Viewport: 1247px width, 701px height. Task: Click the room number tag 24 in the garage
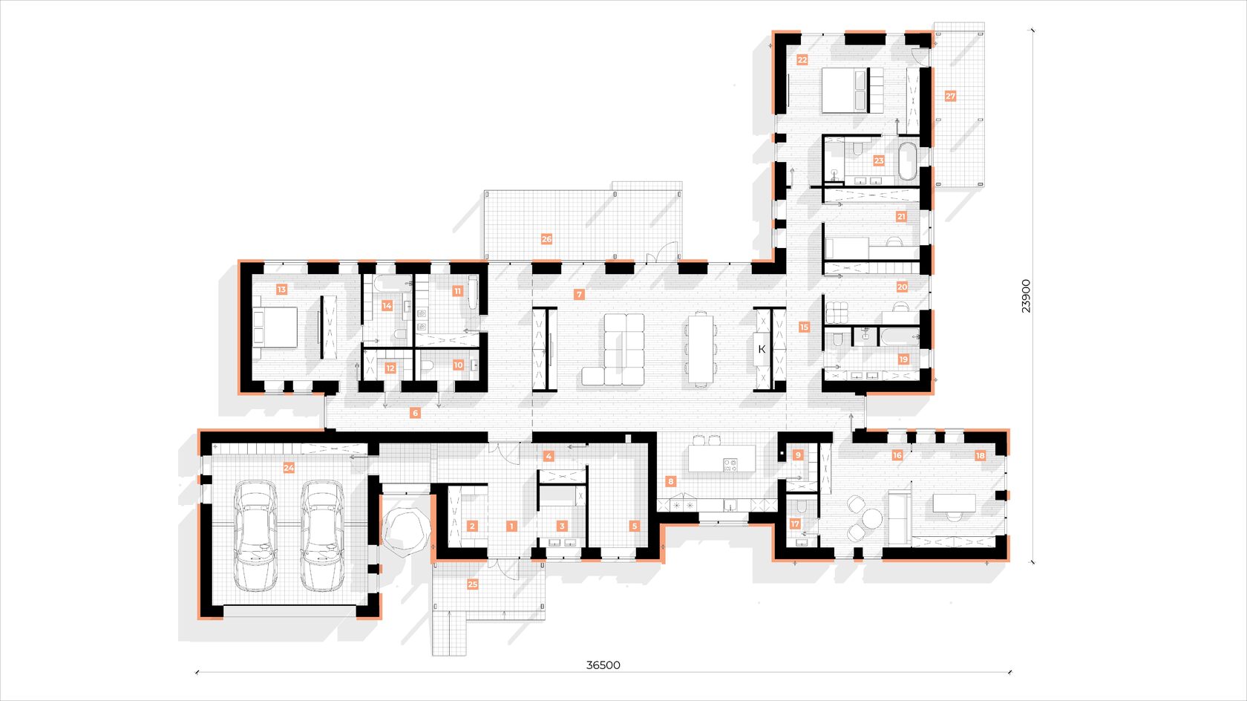coord(288,468)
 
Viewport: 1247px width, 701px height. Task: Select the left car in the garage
coord(255,535)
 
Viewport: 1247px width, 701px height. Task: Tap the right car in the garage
coord(322,535)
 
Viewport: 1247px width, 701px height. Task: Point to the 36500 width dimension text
coord(603,665)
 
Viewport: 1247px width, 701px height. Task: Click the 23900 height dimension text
coord(1026,296)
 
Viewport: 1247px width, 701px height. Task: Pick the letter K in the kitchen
coord(762,349)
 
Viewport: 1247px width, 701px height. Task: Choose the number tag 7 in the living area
coord(579,294)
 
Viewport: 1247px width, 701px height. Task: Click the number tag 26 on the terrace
coord(546,239)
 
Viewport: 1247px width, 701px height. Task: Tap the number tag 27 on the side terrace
coord(950,96)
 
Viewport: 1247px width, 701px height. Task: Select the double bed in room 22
coord(853,90)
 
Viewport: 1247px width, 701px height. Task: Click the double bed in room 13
coord(275,327)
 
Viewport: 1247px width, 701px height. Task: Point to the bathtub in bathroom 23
coord(907,161)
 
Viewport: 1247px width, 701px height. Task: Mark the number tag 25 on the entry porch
coord(472,584)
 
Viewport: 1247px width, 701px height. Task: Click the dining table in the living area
coord(701,349)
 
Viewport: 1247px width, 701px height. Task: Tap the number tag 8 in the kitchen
coord(670,481)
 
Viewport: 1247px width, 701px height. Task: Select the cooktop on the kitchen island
coord(730,464)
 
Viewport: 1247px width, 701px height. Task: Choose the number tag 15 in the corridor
coord(803,327)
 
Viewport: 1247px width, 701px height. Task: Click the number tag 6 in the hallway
coord(414,413)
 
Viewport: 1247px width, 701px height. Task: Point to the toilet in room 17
coord(801,506)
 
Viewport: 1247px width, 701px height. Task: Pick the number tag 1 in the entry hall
coord(511,526)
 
